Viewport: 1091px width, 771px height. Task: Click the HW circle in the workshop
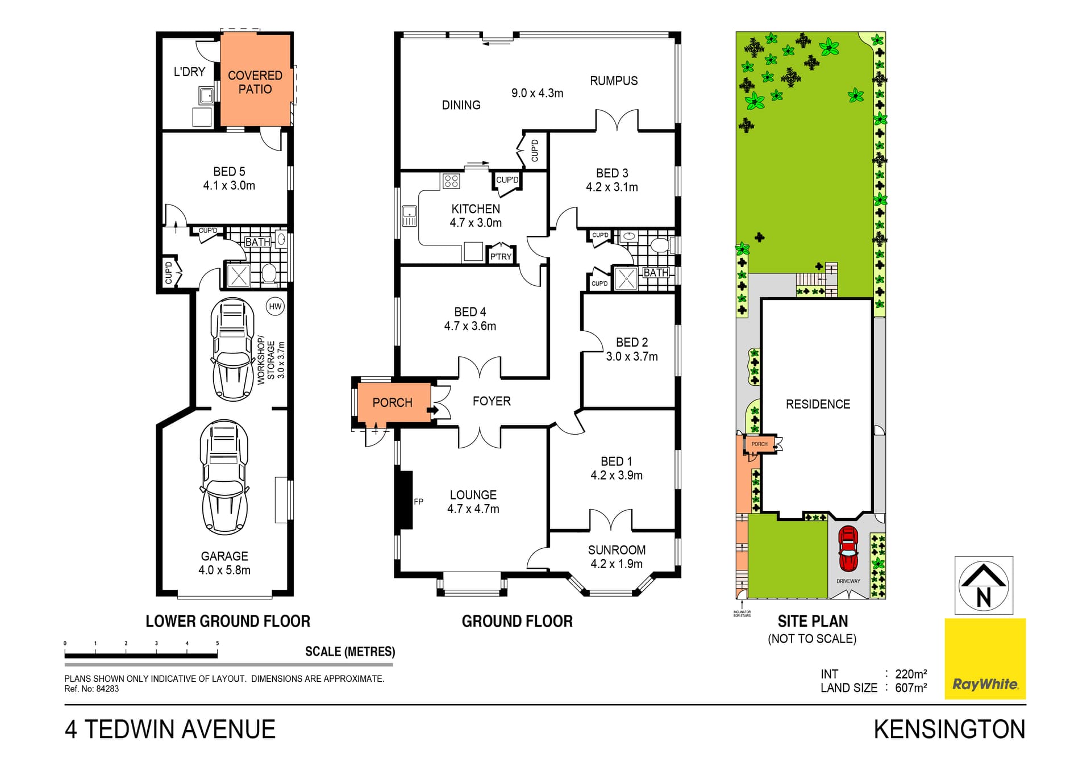point(275,307)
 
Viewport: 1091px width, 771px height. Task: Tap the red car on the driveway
point(848,549)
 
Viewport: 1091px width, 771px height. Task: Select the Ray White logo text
point(985,684)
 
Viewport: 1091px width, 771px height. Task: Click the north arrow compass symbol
point(984,586)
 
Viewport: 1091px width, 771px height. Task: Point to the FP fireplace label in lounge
point(418,502)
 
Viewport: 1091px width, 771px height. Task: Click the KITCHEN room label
point(476,209)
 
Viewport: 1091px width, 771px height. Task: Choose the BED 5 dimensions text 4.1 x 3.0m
point(229,186)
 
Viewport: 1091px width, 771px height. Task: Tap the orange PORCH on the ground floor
point(392,402)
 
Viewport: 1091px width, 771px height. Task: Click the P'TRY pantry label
point(501,257)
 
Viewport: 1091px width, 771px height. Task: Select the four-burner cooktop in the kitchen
point(451,181)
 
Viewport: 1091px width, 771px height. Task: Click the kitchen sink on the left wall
point(409,215)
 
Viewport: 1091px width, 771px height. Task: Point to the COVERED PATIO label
point(255,82)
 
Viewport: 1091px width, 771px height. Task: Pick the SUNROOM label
point(617,550)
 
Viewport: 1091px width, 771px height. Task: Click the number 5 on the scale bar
point(217,643)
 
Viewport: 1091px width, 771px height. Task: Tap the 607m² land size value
point(911,688)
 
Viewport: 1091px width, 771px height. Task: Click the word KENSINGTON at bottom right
point(950,730)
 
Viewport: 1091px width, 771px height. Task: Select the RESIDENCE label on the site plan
point(818,405)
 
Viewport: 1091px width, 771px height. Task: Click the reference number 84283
point(107,689)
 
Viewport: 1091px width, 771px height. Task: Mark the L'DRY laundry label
point(189,72)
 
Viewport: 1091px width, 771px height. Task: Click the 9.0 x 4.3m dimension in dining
point(537,93)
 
